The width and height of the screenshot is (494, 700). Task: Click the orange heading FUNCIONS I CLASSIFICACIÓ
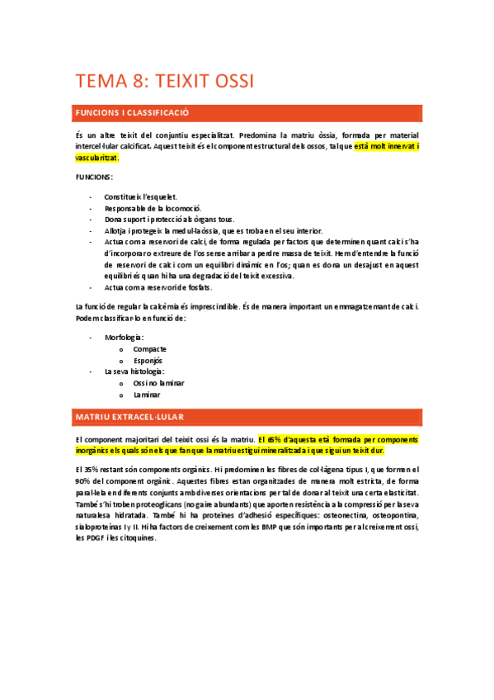coord(132,111)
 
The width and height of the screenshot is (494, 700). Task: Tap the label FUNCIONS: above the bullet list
coord(94,177)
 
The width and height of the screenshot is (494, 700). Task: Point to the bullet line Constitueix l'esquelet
coord(140,197)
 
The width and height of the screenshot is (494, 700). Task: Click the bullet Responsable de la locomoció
coord(153,209)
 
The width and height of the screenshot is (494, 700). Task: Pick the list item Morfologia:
coord(125,338)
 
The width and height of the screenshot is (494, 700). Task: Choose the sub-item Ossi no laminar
coord(158,383)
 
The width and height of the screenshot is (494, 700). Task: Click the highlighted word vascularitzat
coord(96,157)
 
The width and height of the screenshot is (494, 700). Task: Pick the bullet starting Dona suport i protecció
coord(169,220)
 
